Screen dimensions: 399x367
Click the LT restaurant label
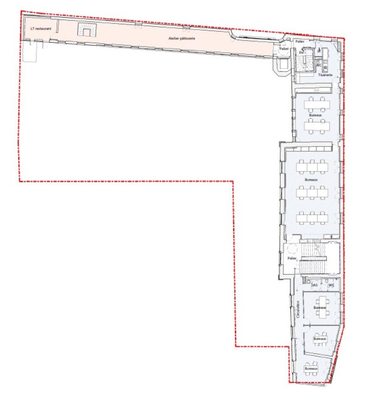click(x=40, y=29)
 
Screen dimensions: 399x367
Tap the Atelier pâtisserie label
click(x=182, y=38)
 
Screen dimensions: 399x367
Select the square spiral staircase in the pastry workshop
click(x=86, y=30)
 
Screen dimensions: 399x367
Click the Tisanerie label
click(x=325, y=75)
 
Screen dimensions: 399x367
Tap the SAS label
click(x=315, y=285)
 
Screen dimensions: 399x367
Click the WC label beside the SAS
click(x=331, y=285)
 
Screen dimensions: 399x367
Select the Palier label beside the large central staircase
click(x=292, y=258)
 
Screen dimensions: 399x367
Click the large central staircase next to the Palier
click(x=314, y=258)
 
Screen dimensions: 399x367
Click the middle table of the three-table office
click(x=312, y=192)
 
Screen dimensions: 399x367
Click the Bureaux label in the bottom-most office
click(x=311, y=369)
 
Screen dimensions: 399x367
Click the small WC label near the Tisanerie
click(x=319, y=64)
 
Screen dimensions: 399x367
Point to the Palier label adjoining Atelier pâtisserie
click(x=284, y=49)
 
